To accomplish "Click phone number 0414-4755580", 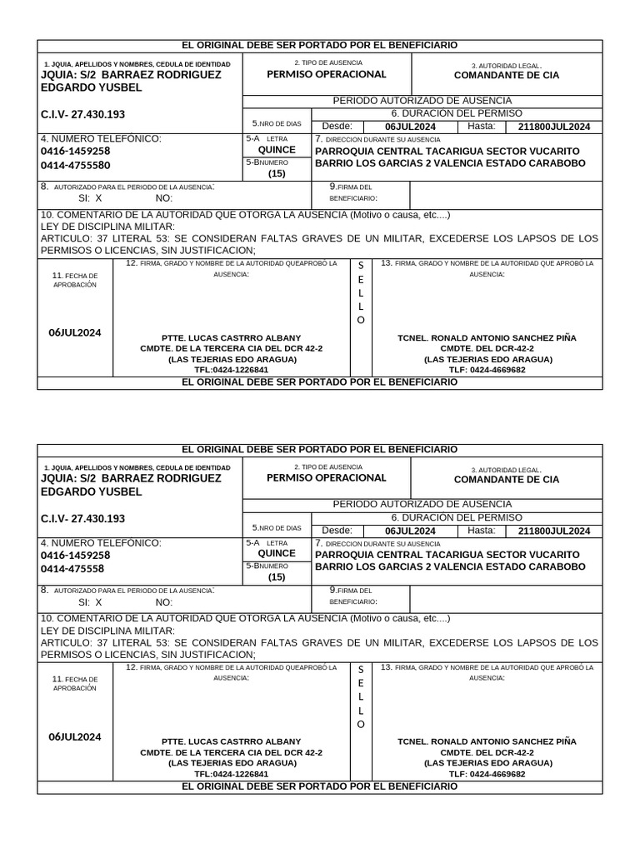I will click(x=75, y=165).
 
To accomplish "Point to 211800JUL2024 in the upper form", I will click(x=553, y=127).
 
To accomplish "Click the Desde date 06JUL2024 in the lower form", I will click(x=410, y=531).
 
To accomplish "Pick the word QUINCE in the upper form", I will click(x=277, y=150).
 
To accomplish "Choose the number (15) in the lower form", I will click(x=277, y=576).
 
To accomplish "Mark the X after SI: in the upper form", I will click(x=98, y=198).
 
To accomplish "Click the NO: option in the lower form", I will click(x=164, y=601).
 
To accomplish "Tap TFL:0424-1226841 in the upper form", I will click(x=231, y=370).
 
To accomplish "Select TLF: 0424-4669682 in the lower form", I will click(x=487, y=774).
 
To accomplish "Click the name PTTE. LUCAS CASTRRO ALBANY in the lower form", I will click(x=231, y=741).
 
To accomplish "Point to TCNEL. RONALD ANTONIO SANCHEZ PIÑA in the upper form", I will click(x=487, y=338).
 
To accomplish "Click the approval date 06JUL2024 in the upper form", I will click(x=75, y=332).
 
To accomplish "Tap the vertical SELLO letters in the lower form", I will click(x=361, y=696).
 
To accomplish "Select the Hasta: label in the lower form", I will click(x=481, y=531).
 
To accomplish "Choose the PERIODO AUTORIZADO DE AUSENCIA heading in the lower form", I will click(x=422, y=504).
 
